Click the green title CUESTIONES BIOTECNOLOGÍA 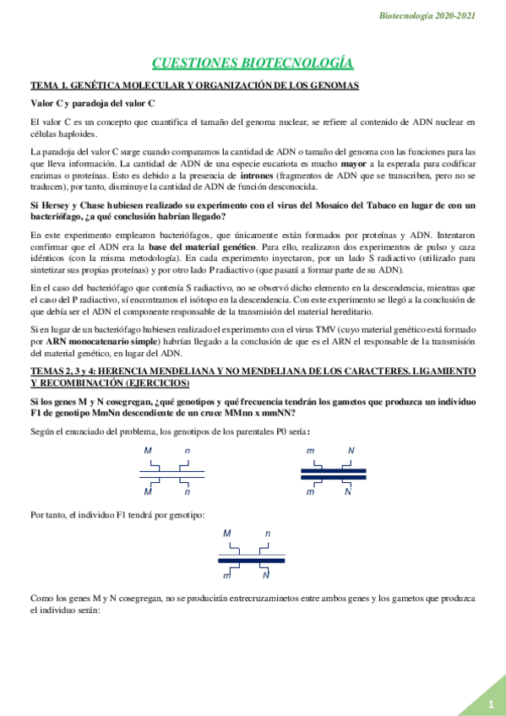coord(252,63)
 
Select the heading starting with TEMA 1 coord(194,85)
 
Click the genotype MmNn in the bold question coord(155,414)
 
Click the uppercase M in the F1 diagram coord(227,534)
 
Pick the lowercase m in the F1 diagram coord(226,575)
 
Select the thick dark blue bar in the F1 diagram coord(252,560)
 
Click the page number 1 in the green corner coord(490,704)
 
